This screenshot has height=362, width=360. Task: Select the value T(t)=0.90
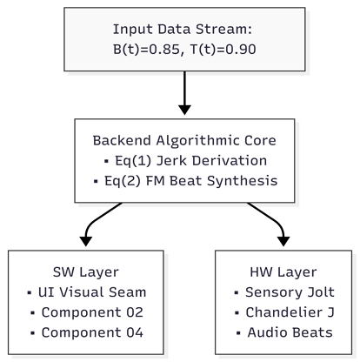[223, 50]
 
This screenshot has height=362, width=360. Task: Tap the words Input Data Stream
[183, 30]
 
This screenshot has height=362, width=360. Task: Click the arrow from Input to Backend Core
[184, 93]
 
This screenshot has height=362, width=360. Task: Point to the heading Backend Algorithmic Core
[184, 141]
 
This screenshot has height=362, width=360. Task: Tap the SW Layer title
[86, 272]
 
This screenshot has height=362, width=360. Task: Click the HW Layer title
[283, 272]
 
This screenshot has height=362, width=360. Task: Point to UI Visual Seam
[92, 292]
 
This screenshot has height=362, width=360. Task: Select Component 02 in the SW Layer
[92, 312]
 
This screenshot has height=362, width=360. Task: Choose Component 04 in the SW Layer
[92, 332]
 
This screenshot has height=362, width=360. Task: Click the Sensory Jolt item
[290, 292]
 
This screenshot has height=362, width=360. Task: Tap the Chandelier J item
[290, 312]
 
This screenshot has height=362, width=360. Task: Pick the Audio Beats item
[290, 332]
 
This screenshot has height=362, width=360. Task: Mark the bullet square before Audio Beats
[238, 333]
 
